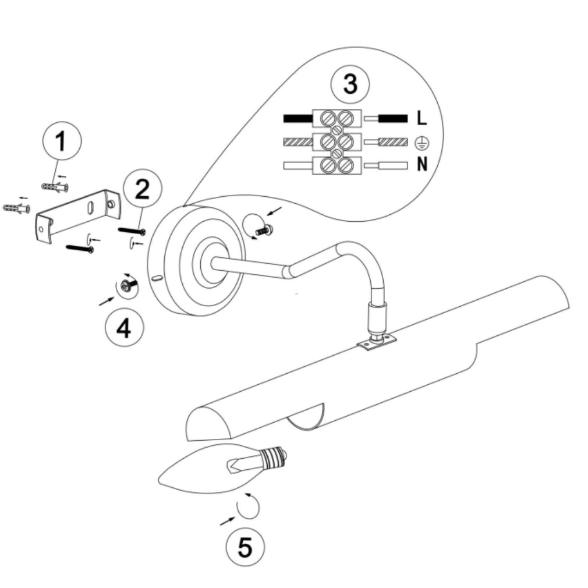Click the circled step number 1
[x=61, y=141]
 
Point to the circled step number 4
[x=124, y=328]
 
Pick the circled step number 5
[x=245, y=547]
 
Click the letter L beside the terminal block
[x=421, y=118]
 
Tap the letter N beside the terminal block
[x=421, y=165]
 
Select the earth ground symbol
[x=421, y=142]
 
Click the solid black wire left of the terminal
[x=297, y=118]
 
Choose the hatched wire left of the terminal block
[x=297, y=142]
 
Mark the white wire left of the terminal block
[x=297, y=165]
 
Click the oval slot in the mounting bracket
[x=91, y=208]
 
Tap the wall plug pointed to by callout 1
[x=55, y=187]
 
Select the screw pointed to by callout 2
[x=132, y=231]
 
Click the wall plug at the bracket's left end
[x=17, y=208]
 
